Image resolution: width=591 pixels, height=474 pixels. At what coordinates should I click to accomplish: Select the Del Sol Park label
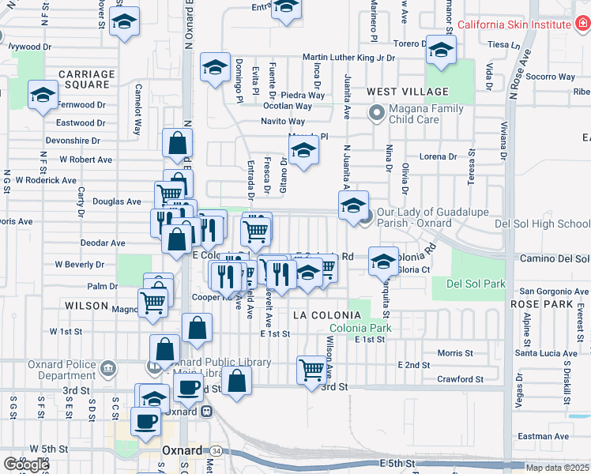[475, 284]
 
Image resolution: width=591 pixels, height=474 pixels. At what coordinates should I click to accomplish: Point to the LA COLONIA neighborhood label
[321, 314]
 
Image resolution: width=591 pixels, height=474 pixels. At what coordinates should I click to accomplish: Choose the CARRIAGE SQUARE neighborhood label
[86, 79]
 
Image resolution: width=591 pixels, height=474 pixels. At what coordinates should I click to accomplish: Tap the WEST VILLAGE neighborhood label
[407, 92]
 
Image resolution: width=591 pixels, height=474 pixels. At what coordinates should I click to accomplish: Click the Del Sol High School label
[542, 224]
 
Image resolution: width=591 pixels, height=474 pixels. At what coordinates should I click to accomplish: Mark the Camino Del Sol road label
[553, 258]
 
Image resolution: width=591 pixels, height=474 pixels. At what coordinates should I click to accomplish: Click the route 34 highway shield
[215, 450]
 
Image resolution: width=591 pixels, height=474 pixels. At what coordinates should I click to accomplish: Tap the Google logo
[26, 465]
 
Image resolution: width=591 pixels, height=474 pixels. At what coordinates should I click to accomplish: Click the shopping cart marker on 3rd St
[311, 368]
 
